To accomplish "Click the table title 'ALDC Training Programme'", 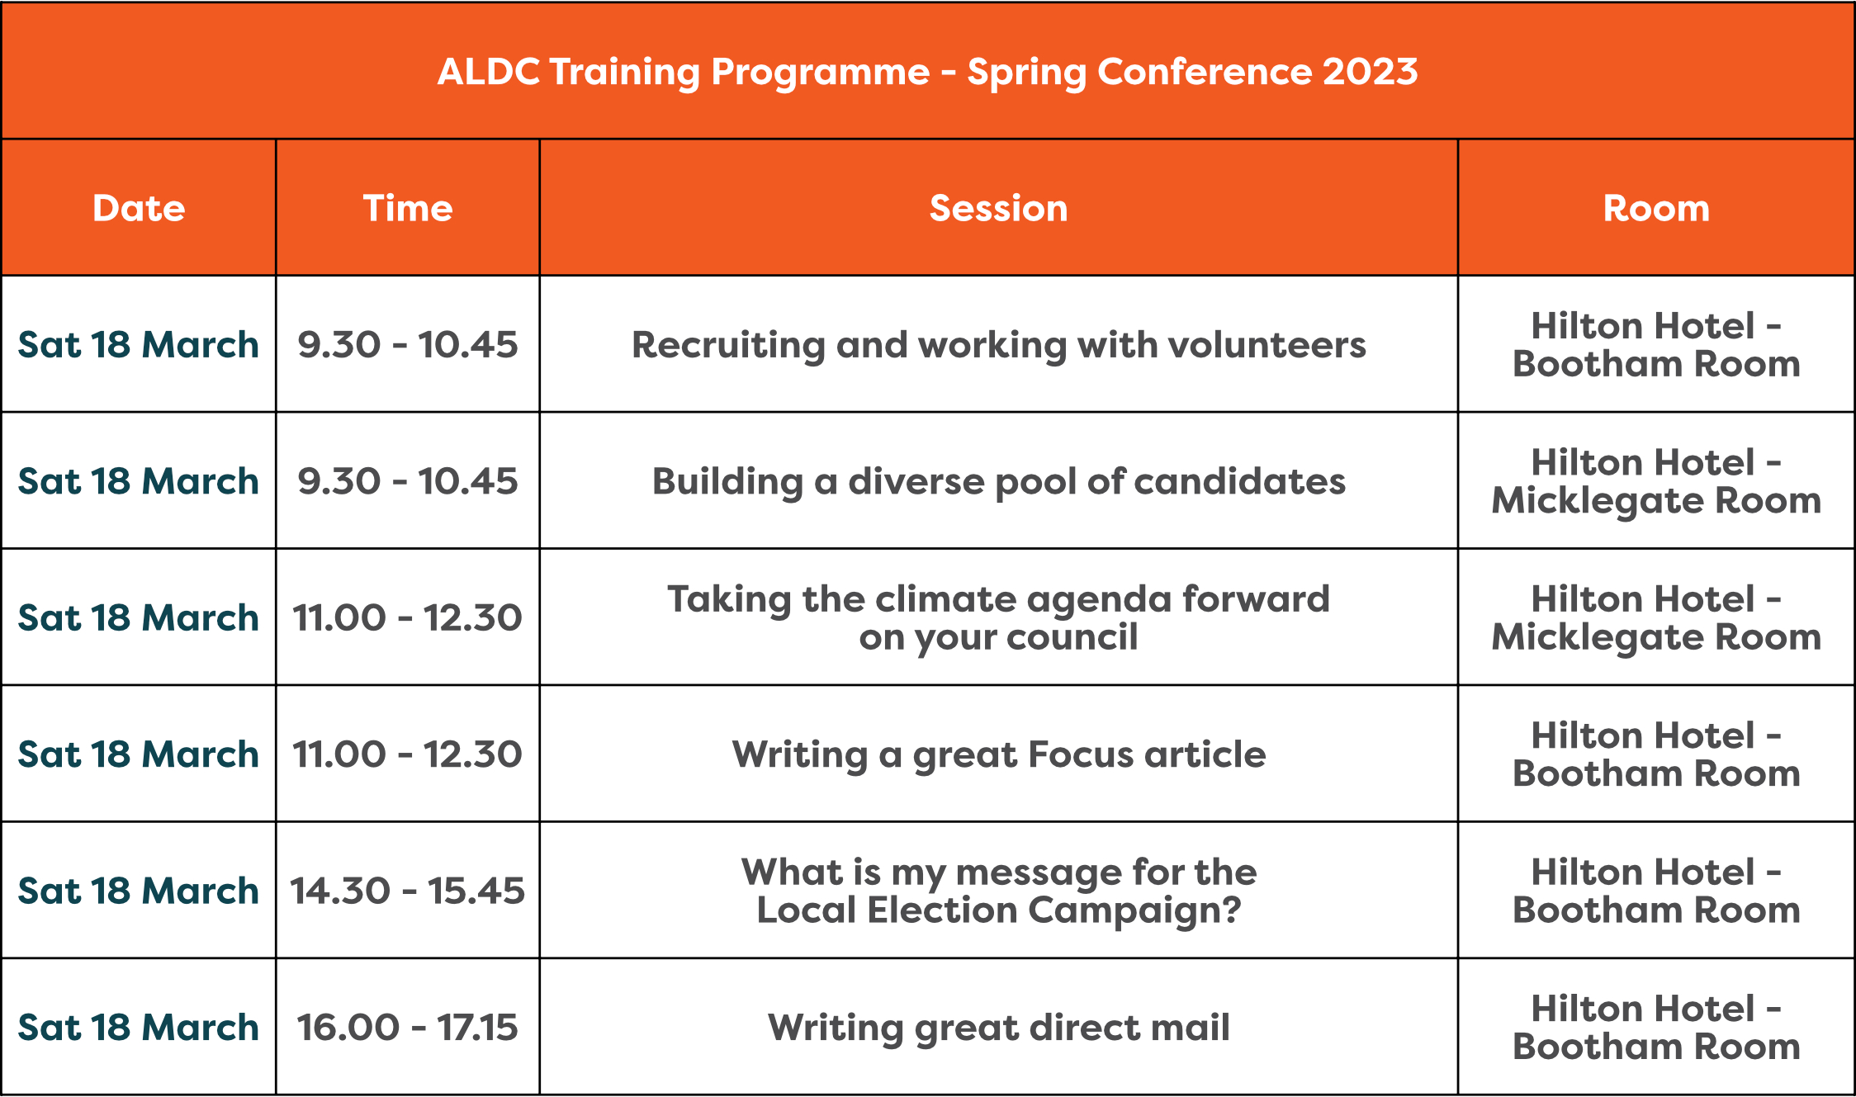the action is (684, 72).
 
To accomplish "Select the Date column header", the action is (139, 208).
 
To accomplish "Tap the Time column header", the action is (408, 208).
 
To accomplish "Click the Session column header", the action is (998, 208).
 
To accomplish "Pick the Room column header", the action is (1656, 208).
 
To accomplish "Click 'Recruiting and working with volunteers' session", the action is (998, 345).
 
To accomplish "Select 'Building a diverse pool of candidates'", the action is (998, 481).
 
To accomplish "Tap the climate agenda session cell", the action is (998, 617).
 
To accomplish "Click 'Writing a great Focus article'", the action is (998, 754).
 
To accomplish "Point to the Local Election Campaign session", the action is (998, 891).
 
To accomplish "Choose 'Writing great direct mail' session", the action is (998, 1028).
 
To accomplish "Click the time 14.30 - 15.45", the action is (408, 891).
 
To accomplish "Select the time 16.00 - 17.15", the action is (408, 1028).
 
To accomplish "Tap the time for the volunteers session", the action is (408, 345).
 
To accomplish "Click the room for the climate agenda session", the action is (1656, 617).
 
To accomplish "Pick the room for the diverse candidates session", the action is (1656, 481).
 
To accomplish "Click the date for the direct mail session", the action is (139, 1028).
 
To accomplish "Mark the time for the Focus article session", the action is (408, 754).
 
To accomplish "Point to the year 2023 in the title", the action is (1371, 72).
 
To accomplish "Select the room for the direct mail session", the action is (1656, 1028).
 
